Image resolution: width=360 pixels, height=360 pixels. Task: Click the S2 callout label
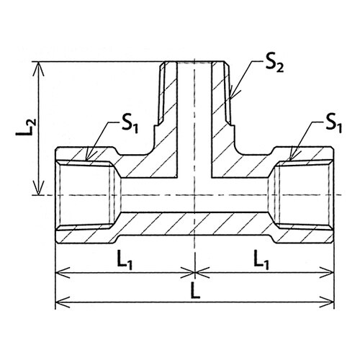(274, 64)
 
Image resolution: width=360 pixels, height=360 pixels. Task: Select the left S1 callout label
(130, 125)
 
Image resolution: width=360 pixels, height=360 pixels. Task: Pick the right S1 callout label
(333, 125)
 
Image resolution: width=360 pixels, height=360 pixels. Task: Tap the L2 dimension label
(26, 127)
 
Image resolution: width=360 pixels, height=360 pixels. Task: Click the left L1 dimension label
(125, 259)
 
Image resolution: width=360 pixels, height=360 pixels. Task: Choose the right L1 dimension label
(261, 259)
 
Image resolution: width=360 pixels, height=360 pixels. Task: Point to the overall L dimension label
(196, 290)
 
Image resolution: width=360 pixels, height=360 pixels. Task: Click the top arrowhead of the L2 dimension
(38, 68)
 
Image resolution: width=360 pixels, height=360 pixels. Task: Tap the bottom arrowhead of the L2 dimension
(38, 188)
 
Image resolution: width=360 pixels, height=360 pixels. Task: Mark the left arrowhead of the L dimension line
(63, 302)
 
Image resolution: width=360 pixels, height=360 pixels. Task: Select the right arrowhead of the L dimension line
(327, 302)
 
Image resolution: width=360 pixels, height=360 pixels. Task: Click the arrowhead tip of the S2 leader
(230, 98)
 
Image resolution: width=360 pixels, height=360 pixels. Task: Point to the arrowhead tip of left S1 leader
(86, 160)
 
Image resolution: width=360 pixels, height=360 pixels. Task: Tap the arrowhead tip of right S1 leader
(290, 160)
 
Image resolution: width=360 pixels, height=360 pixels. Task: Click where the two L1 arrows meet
(195, 273)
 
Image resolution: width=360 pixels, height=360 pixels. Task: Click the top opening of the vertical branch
(194, 62)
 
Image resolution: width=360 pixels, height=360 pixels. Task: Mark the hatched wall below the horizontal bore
(194, 224)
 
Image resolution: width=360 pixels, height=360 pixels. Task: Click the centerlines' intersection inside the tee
(195, 195)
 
